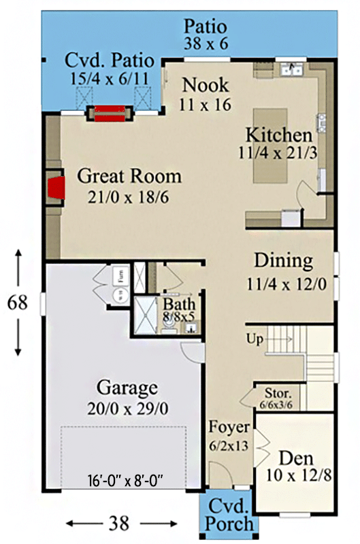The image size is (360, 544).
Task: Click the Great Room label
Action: click(x=129, y=177)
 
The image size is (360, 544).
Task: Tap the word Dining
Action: click(x=283, y=260)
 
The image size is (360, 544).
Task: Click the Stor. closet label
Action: click(x=279, y=393)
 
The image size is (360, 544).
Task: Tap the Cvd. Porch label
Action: click(x=229, y=515)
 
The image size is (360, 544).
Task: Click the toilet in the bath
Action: click(x=167, y=325)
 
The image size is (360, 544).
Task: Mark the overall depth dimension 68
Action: click(x=18, y=302)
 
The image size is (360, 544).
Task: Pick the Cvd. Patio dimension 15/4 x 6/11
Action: click(x=109, y=78)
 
